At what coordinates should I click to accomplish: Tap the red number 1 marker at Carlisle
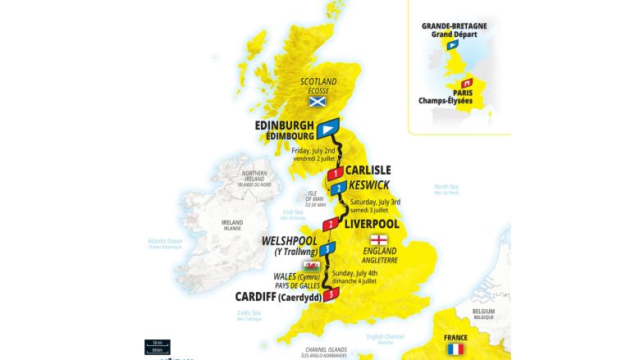click(x=334, y=174)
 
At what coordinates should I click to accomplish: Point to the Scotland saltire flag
click(x=317, y=102)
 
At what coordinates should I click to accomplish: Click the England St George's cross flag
click(x=379, y=239)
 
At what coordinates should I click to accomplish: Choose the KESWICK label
click(x=368, y=185)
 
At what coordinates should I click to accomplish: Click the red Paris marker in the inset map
click(x=467, y=83)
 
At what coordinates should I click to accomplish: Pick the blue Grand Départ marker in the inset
click(x=452, y=45)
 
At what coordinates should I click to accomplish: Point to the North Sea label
click(x=446, y=188)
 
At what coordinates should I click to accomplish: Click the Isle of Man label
click(x=304, y=198)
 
